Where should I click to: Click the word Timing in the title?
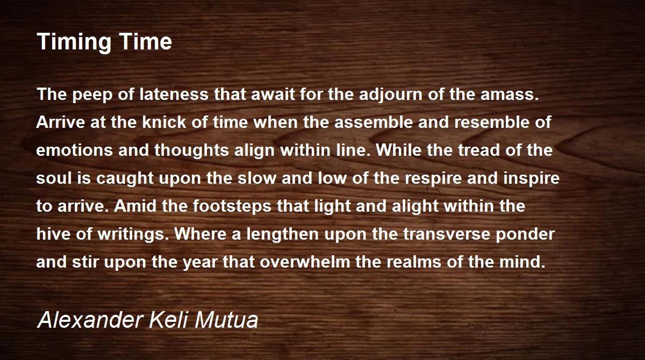[x=74, y=42]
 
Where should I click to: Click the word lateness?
[x=174, y=94]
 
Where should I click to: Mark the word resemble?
[x=492, y=122]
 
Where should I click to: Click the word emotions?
[x=75, y=150]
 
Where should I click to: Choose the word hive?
[x=53, y=234]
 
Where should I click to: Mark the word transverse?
[x=446, y=234]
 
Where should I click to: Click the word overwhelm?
[x=305, y=262]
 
